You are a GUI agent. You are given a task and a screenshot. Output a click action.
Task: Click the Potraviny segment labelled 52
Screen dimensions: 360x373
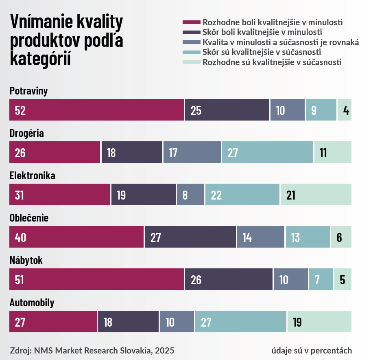(96, 110)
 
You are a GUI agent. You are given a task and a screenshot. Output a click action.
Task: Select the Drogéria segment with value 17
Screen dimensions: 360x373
(192, 152)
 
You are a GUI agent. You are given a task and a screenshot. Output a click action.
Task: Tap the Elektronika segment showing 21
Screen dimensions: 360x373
(316, 195)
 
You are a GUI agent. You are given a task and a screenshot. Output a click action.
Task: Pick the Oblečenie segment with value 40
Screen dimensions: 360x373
(76, 237)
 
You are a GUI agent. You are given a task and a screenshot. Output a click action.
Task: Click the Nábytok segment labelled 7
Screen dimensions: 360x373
(321, 279)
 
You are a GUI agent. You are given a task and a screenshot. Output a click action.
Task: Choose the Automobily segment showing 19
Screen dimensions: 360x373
(319, 322)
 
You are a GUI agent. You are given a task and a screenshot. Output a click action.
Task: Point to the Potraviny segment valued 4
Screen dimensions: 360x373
(345, 110)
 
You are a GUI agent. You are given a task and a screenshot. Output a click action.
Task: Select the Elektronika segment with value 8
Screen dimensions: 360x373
(190, 195)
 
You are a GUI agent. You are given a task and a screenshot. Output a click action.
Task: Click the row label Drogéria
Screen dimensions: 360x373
(27, 133)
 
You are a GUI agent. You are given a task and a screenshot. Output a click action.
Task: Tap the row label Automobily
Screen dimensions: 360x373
(32, 303)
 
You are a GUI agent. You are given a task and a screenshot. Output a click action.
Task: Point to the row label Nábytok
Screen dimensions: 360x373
(26, 260)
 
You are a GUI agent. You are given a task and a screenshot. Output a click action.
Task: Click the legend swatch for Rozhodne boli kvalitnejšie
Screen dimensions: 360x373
(192, 22)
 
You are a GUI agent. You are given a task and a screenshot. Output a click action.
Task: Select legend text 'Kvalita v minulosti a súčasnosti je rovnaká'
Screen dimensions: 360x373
(281, 42)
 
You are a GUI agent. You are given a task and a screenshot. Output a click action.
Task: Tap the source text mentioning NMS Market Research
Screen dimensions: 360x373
(92, 350)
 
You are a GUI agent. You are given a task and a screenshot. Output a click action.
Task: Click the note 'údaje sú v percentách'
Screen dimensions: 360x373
(312, 350)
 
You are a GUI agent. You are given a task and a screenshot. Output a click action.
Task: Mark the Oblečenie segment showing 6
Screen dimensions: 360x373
(341, 237)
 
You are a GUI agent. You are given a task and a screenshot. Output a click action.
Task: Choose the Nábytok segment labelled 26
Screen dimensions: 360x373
(229, 279)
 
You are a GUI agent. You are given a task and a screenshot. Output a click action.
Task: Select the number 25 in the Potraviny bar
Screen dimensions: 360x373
(196, 110)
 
